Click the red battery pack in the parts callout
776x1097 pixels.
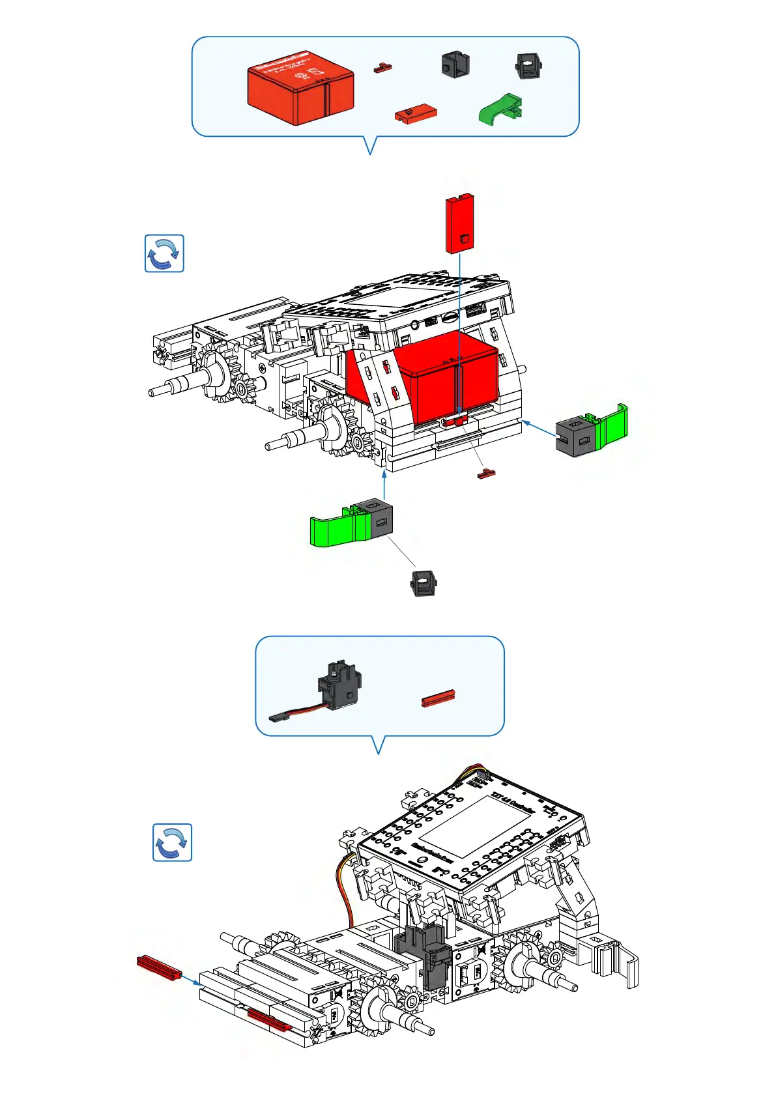300,93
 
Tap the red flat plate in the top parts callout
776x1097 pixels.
415,114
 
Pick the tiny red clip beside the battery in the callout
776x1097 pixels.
382,67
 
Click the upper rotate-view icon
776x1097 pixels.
164,253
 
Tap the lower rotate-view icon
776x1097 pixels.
172,842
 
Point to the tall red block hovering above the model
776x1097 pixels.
459,223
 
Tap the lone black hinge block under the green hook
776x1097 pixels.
424,582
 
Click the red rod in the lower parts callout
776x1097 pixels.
438,698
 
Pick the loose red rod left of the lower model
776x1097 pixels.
158,967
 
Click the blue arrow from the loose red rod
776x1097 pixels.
190,980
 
